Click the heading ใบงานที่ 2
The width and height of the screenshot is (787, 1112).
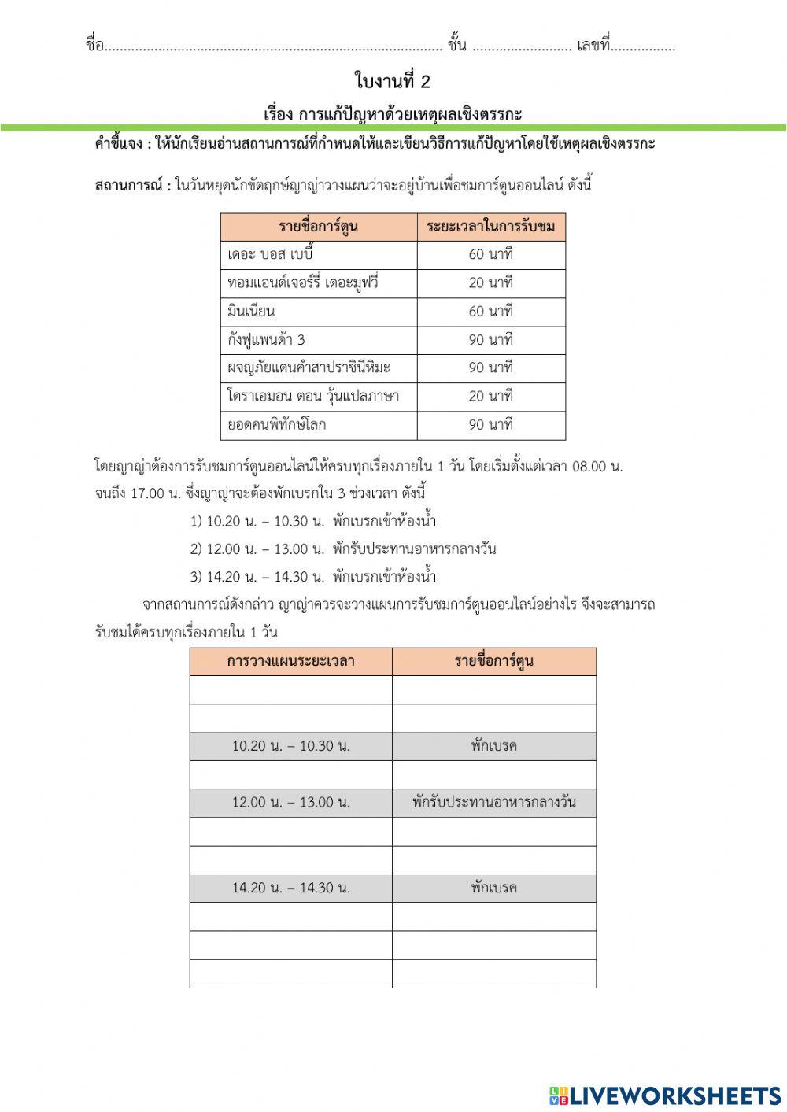pos(393,81)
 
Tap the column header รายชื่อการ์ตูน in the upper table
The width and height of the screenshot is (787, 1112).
pos(318,227)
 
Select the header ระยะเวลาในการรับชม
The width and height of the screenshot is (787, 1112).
pos(490,227)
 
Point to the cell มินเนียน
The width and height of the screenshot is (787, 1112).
pos(251,312)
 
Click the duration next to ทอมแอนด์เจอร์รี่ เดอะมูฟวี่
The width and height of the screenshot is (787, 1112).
pos(490,283)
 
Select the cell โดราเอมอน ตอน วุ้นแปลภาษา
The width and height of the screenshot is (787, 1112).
pos(313,397)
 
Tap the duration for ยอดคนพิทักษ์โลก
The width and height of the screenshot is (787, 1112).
pos(490,425)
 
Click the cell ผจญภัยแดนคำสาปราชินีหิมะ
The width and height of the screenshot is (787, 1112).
pos(309,368)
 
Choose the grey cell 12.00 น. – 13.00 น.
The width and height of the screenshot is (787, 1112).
pos(290,803)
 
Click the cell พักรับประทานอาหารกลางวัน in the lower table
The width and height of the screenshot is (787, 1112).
pos(493,803)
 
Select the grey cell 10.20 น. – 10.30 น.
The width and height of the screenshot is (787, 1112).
pos(290,746)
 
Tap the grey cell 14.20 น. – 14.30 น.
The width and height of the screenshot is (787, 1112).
pos(290,888)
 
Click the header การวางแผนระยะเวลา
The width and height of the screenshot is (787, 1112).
pos(290,661)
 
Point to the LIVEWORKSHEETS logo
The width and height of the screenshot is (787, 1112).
pos(665,1095)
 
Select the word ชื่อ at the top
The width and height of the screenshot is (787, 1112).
pos(94,46)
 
